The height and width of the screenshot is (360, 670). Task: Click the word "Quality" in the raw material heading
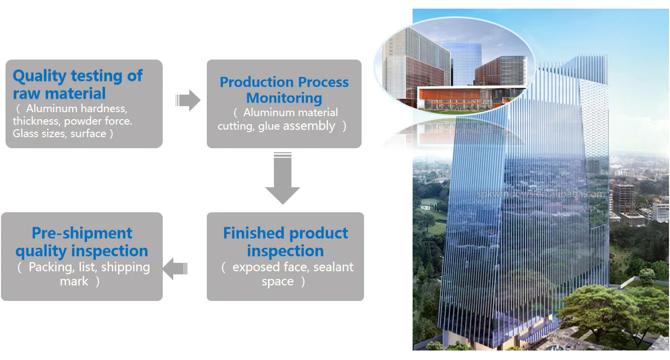(x=39, y=76)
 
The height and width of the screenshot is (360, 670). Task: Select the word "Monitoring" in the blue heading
(x=284, y=98)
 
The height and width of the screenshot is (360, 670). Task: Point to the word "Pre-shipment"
(x=82, y=233)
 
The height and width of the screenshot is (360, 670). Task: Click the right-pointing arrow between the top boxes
(x=188, y=101)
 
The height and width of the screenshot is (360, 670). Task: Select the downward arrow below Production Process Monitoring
(x=282, y=179)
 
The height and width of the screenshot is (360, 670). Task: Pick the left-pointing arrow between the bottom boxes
(x=175, y=269)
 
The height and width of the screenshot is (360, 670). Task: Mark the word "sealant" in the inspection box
(x=333, y=267)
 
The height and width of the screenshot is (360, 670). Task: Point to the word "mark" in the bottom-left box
(x=74, y=281)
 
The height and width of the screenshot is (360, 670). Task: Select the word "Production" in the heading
(x=256, y=82)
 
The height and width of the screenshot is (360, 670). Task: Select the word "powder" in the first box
(x=82, y=121)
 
